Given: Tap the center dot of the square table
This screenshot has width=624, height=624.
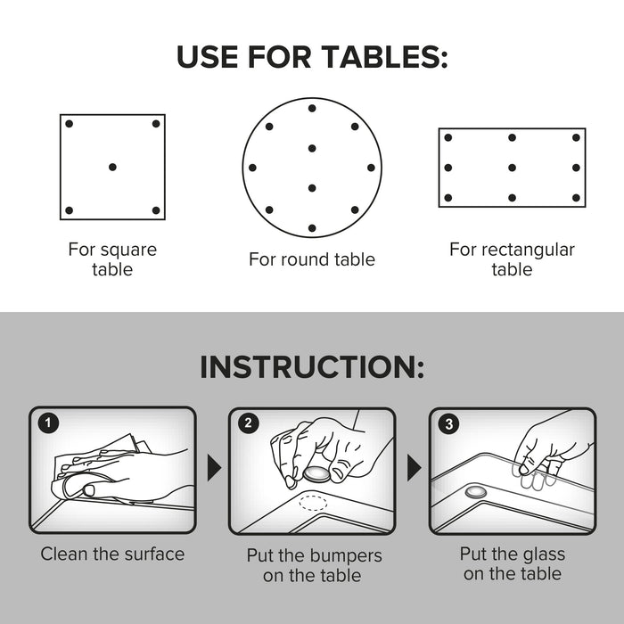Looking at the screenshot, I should (x=112, y=167).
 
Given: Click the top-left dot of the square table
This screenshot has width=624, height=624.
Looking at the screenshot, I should (x=69, y=123).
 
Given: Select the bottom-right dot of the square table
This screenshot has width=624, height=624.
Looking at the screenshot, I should (x=156, y=210).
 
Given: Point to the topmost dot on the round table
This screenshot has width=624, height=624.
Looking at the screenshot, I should (x=312, y=108).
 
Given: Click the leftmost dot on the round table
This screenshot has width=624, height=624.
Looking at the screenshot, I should (x=252, y=167).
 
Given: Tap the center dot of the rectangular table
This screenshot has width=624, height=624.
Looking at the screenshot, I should (x=512, y=167).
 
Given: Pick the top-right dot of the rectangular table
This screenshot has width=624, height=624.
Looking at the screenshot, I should (x=576, y=137).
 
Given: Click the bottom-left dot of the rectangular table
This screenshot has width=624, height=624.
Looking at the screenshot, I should (x=448, y=197).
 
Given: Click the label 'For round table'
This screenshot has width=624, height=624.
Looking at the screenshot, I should (x=312, y=259).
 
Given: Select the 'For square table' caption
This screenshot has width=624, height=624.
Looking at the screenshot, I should (x=112, y=259).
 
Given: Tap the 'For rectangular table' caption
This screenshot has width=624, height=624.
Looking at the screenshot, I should (x=512, y=259).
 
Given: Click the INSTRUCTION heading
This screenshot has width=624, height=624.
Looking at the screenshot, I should (x=312, y=366).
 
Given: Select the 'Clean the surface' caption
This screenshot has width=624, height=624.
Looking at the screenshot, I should (x=112, y=554).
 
